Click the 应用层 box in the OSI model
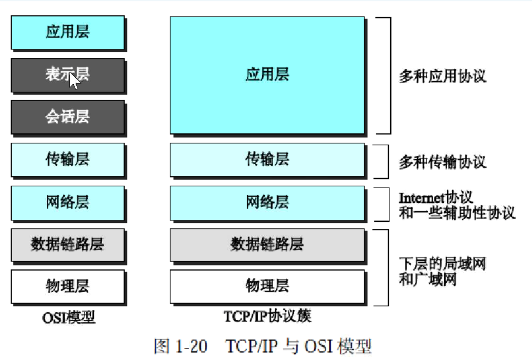click(x=68, y=32)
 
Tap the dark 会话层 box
click(x=68, y=117)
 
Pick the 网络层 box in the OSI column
click(x=68, y=202)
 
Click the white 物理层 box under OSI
click(x=68, y=286)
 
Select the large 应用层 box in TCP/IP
click(x=267, y=75)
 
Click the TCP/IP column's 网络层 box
click(x=267, y=202)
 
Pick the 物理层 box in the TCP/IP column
click(x=267, y=286)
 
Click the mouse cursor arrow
click(x=74, y=81)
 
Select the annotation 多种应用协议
click(x=443, y=76)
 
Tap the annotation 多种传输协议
click(x=443, y=162)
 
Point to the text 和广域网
click(x=428, y=279)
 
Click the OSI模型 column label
click(x=69, y=317)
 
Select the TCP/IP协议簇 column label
click(x=267, y=316)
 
